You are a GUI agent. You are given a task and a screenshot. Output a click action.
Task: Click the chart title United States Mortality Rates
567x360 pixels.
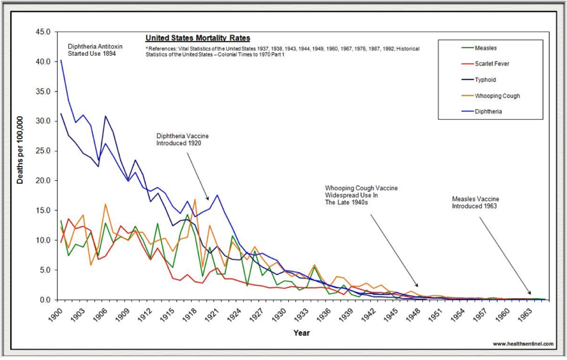198,38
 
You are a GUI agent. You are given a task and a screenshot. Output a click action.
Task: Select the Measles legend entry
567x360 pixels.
485,48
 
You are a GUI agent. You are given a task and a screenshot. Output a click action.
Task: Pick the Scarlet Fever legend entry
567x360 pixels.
492,64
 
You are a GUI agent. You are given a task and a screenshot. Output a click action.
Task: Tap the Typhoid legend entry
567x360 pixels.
485,80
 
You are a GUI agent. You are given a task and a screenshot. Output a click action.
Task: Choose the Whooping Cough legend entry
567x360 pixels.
497,96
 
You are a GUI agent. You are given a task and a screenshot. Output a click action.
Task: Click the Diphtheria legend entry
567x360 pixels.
488,112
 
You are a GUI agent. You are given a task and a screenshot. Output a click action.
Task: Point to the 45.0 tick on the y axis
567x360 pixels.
43,32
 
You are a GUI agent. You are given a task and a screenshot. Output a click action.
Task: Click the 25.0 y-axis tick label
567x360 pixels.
43,151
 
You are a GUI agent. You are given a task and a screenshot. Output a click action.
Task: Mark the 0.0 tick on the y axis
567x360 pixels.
45,300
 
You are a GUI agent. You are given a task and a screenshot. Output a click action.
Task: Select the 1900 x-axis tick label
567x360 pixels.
56,315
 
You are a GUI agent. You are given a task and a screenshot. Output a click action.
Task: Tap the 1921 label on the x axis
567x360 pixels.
212,315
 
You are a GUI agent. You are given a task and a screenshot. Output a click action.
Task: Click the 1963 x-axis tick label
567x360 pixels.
524,315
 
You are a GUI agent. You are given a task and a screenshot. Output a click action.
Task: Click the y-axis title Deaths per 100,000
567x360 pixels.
20,150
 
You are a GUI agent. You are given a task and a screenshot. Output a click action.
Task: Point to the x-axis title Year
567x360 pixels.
302,333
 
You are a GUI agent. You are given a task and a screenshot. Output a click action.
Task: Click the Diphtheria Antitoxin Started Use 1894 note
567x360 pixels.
95,50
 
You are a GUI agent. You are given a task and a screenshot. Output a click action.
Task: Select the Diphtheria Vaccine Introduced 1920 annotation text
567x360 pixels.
183,140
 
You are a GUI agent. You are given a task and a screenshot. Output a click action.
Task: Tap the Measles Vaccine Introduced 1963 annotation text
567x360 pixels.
475,202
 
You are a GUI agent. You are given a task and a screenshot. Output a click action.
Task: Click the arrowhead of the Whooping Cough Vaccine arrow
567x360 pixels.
417,286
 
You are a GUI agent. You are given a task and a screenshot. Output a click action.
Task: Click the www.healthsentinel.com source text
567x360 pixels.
523,344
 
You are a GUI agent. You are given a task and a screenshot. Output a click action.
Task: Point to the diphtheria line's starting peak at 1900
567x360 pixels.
61,60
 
